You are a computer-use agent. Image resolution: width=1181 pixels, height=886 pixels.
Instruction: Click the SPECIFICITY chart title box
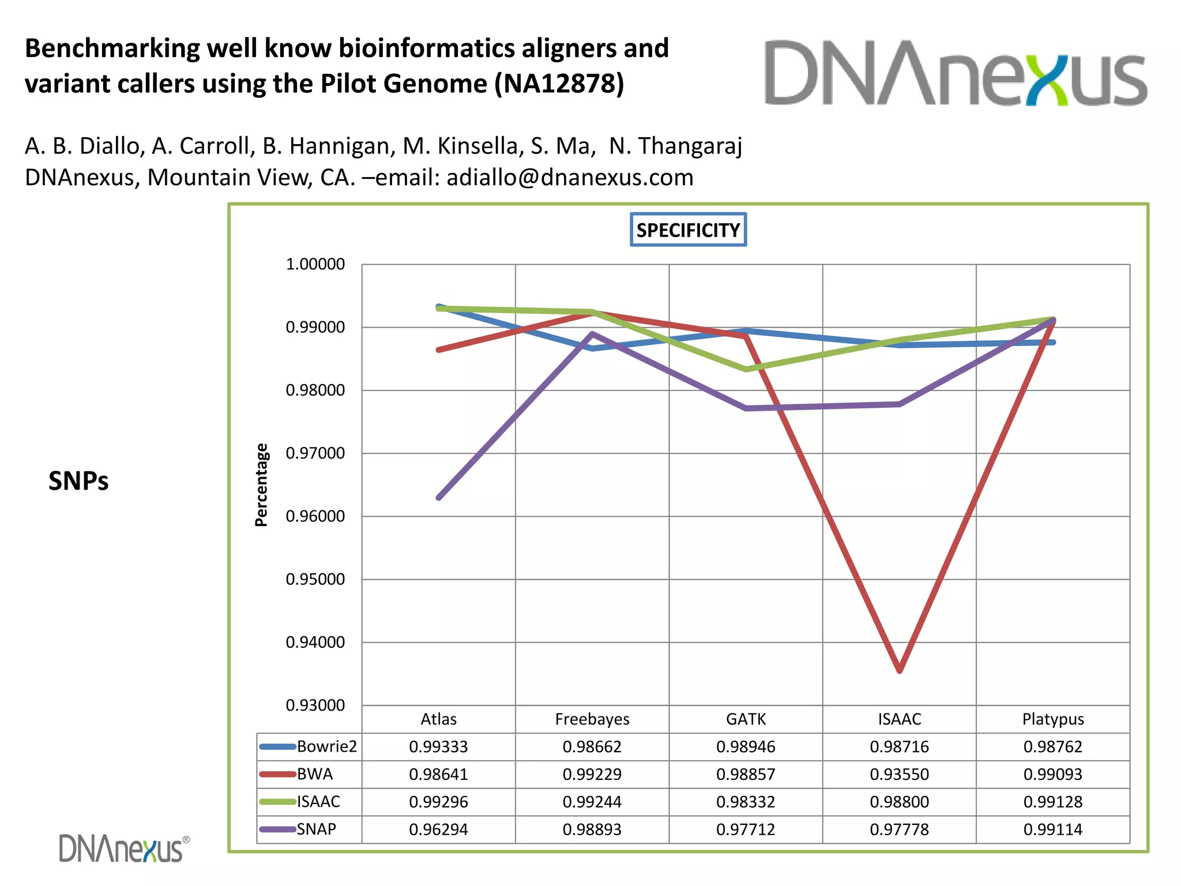click(x=688, y=230)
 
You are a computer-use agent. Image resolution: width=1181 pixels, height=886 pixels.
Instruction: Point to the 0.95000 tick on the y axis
click(x=315, y=579)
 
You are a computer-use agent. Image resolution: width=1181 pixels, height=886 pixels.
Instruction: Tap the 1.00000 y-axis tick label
click(x=315, y=264)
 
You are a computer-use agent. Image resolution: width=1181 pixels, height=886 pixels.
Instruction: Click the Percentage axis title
click(x=261, y=485)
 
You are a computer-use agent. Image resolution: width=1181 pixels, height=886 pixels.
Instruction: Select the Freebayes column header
click(x=592, y=719)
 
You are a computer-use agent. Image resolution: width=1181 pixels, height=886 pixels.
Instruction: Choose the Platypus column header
click(x=1053, y=719)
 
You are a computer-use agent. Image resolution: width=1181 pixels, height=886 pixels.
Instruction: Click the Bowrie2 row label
click(x=326, y=746)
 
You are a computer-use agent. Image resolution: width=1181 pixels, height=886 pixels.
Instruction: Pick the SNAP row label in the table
click(x=316, y=829)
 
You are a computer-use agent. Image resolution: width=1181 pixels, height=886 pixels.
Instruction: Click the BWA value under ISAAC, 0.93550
click(x=899, y=774)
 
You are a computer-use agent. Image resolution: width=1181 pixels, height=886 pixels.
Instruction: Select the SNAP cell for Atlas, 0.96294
click(x=438, y=829)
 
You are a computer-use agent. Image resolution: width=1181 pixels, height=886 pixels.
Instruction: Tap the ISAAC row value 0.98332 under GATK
click(x=746, y=802)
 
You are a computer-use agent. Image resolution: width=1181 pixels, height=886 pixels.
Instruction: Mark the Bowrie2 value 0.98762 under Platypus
click(x=1053, y=746)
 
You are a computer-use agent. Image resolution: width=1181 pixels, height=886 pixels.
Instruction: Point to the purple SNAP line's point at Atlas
click(x=439, y=498)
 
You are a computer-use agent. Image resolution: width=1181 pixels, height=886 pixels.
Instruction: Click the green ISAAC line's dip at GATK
click(x=746, y=369)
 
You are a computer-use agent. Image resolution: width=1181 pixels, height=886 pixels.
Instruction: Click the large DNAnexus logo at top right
click(x=956, y=73)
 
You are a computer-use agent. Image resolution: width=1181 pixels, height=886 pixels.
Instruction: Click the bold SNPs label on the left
click(x=78, y=481)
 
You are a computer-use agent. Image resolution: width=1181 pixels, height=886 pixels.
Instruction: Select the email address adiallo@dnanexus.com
click(x=570, y=177)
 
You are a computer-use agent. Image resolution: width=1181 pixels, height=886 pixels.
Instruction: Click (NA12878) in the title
click(x=559, y=84)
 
